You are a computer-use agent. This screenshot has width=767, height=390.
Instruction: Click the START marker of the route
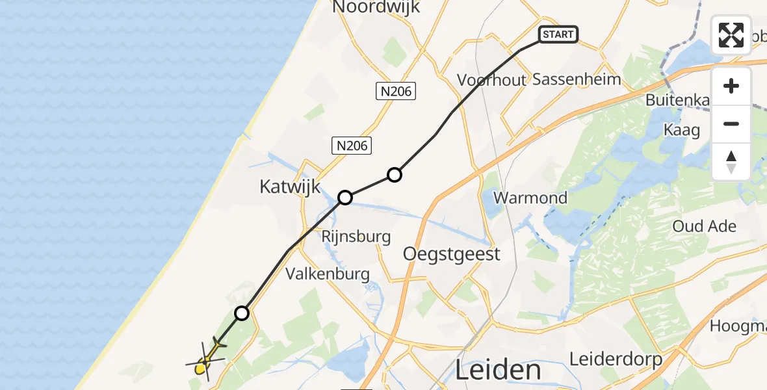click(558, 34)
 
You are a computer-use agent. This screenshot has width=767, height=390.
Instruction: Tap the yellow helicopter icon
click(205, 361)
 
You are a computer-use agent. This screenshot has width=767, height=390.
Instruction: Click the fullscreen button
click(731, 35)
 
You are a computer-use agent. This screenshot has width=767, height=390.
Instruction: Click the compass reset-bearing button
click(731, 162)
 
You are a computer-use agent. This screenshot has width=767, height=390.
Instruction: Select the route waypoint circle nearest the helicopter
click(242, 313)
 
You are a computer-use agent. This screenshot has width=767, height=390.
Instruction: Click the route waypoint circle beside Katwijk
click(345, 197)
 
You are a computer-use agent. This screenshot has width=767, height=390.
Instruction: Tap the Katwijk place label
click(290, 187)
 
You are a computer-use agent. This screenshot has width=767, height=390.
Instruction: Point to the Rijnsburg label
click(356, 237)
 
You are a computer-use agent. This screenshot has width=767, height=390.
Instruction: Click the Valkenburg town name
click(328, 274)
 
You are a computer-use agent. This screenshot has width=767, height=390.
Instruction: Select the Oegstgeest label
click(452, 253)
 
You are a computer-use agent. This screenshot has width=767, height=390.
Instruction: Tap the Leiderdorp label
click(616, 359)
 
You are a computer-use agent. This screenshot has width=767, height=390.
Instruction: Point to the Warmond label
click(530, 198)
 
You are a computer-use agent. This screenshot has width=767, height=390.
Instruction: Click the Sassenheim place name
click(577, 79)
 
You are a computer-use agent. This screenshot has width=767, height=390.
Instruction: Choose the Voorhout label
click(491, 80)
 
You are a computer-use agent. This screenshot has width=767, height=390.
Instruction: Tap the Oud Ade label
click(705, 226)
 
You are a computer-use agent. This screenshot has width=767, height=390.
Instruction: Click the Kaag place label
click(681, 130)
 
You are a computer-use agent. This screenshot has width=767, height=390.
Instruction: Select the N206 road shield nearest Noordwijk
click(395, 92)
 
